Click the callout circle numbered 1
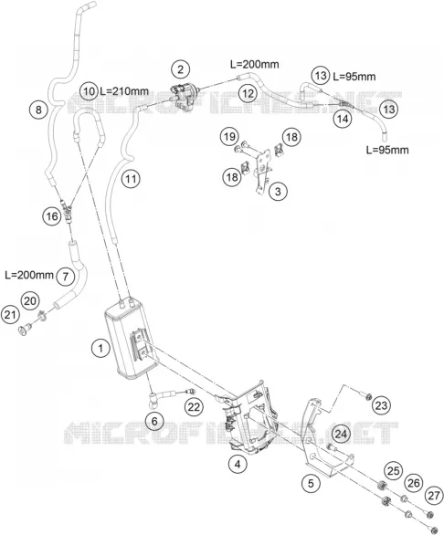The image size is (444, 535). click(100, 349)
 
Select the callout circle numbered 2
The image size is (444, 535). click(180, 69)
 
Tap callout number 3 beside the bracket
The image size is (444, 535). click(278, 192)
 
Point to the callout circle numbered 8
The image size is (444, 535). click(38, 110)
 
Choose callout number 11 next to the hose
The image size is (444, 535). click(131, 178)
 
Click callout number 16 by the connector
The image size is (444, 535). click(52, 216)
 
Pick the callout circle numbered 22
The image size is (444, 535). click(194, 407)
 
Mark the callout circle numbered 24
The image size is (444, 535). click(341, 434)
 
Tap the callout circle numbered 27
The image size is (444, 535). click(434, 495)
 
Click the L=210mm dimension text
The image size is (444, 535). click(124, 91)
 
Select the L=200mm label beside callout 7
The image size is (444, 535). click(29, 275)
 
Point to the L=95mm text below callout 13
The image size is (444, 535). click(387, 150)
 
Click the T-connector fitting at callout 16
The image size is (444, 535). click(67, 212)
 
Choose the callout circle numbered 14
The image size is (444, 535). click(343, 119)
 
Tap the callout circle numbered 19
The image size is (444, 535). click(229, 136)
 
